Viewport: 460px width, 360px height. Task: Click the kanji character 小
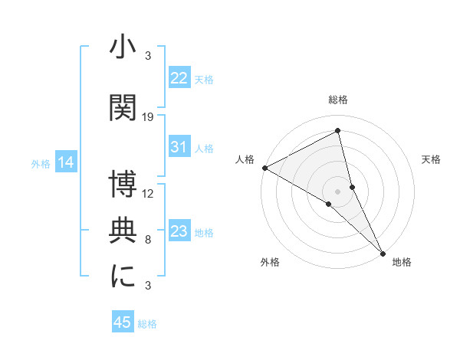click(x=123, y=48)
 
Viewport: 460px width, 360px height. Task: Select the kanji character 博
click(x=123, y=184)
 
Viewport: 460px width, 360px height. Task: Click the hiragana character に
click(x=123, y=276)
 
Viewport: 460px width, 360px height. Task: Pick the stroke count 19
click(x=148, y=117)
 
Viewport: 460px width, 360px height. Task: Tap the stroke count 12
click(x=148, y=193)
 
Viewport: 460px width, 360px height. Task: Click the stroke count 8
click(x=148, y=240)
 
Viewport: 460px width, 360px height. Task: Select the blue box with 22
click(x=179, y=78)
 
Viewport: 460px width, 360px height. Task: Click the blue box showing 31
click(x=179, y=148)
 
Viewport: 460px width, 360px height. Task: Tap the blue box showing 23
click(x=179, y=231)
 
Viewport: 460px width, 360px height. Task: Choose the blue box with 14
click(x=66, y=162)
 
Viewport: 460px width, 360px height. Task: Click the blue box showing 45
click(x=123, y=322)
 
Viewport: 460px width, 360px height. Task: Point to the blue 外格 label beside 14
click(x=41, y=163)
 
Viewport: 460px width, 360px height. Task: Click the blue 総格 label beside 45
click(x=147, y=324)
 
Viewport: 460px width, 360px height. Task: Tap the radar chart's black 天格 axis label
click(x=431, y=159)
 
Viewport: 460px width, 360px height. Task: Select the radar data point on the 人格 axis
click(x=264, y=167)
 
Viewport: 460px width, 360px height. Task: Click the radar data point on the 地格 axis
click(x=383, y=252)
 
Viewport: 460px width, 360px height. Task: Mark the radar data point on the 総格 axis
click(x=338, y=131)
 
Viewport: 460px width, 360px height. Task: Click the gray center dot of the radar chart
click(x=338, y=190)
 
